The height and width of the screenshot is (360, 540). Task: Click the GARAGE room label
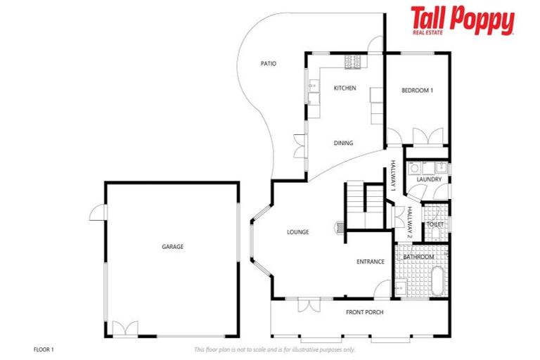click(172, 247)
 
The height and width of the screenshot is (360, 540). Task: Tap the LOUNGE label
click(297, 232)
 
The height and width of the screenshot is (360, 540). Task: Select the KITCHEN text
click(345, 88)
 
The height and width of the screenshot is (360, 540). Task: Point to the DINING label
click(343, 143)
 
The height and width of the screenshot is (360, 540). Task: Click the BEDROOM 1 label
click(417, 90)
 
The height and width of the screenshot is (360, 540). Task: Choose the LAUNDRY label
click(429, 179)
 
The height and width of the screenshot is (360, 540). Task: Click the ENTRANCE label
click(370, 262)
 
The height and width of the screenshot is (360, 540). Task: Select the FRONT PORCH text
click(364, 311)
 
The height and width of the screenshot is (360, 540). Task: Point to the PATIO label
click(268, 63)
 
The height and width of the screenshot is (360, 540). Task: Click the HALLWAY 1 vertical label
click(394, 176)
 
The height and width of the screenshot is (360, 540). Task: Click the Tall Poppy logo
click(462, 21)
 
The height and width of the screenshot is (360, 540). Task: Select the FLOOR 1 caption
click(44, 349)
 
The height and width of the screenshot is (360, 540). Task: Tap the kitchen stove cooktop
click(352, 63)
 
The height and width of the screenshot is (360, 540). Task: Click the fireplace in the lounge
click(340, 228)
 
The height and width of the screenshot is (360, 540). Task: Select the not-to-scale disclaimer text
click(274, 349)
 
